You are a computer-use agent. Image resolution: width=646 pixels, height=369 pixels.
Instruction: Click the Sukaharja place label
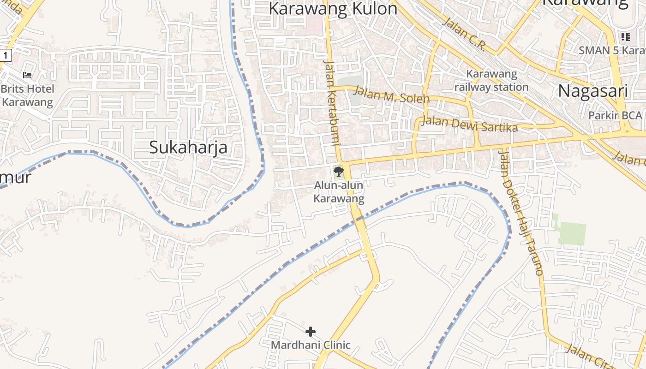point(188,147)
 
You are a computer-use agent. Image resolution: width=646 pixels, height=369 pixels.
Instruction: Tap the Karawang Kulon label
point(333,8)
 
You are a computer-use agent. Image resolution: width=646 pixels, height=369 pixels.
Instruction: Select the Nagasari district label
point(593,91)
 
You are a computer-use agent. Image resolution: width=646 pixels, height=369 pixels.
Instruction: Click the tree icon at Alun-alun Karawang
point(339,172)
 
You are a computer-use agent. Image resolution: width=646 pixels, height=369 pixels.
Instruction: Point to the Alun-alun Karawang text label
point(339,192)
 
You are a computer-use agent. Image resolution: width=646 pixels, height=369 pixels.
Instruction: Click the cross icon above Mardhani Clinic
point(311,331)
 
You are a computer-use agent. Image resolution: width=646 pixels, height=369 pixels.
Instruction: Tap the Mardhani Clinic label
point(311,345)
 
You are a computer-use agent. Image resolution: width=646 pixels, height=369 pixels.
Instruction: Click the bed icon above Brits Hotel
point(27,75)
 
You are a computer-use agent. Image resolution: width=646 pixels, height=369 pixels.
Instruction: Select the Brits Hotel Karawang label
point(27,95)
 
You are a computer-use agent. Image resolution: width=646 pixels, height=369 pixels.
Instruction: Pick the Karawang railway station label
point(491,80)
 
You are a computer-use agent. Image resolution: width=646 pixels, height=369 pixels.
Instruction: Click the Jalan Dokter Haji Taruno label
point(521,212)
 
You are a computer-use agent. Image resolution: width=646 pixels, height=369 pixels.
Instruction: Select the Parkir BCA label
point(615,115)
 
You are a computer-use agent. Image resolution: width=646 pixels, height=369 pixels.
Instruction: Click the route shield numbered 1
point(5,55)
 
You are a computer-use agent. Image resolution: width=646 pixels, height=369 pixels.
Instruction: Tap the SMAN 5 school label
point(612,50)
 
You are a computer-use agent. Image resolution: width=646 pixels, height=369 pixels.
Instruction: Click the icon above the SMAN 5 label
point(625,36)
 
